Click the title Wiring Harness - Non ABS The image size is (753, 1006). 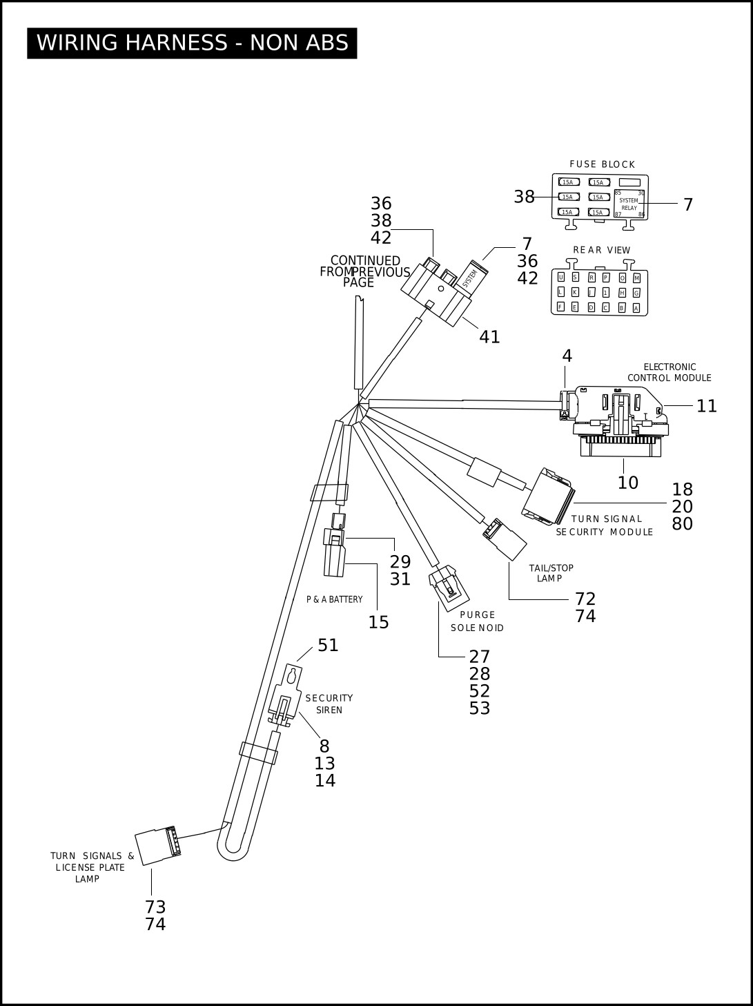pos(192,43)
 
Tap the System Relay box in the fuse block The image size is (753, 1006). pos(629,204)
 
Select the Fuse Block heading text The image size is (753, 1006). pos(603,164)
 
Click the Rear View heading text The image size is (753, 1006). pos(601,250)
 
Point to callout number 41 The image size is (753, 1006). pos(489,338)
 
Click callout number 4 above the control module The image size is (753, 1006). pos(567,356)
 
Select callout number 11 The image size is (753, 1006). pos(706,405)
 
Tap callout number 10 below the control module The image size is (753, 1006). pos(627,483)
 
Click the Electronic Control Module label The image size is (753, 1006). pos(669,372)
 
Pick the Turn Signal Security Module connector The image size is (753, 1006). pos(548,496)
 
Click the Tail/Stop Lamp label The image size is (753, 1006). pos(551,573)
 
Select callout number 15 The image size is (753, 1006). pos(378,622)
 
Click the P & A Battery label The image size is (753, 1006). pos(334,599)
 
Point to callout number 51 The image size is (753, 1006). pos(328,646)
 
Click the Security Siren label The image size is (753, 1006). pos(329,704)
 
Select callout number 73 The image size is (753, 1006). pos(155,907)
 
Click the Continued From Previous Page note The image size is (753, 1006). pos(364,272)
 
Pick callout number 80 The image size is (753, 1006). pos(682,524)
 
